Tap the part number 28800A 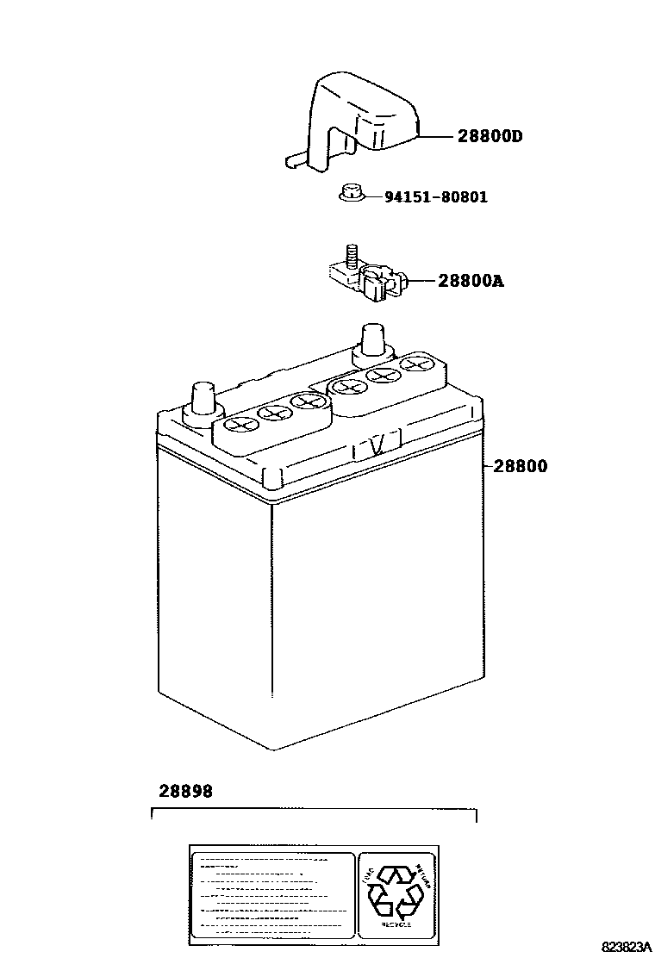click(x=470, y=280)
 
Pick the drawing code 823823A click(x=614, y=945)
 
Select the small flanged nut click(x=349, y=195)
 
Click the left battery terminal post click(x=203, y=401)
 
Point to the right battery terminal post click(x=371, y=340)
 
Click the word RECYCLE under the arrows click(x=396, y=924)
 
